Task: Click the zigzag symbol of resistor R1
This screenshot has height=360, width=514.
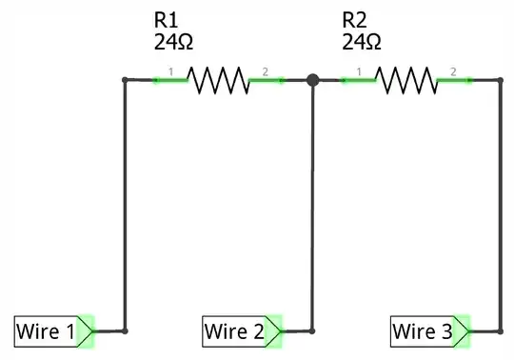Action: (x=218, y=80)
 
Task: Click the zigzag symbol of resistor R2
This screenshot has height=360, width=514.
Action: (x=406, y=80)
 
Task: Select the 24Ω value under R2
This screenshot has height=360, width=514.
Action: (x=361, y=42)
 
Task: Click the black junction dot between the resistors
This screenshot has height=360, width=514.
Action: (x=312, y=80)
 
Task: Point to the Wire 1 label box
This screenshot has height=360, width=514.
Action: (x=45, y=331)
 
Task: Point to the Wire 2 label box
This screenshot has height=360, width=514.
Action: (x=233, y=331)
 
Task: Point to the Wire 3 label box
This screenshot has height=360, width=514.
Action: (x=422, y=331)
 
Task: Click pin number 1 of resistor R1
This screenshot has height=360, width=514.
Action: (x=170, y=72)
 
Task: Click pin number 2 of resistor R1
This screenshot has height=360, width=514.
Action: (x=266, y=72)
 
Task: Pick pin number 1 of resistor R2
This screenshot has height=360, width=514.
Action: (x=359, y=72)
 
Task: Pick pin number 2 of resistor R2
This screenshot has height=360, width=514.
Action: (x=454, y=72)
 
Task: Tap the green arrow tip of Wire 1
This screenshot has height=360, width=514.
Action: (x=88, y=331)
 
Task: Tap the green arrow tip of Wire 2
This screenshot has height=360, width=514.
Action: (x=276, y=331)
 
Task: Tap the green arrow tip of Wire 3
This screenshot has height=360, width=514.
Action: (x=465, y=331)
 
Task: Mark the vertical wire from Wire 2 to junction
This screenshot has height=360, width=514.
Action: (x=312, y=210)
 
